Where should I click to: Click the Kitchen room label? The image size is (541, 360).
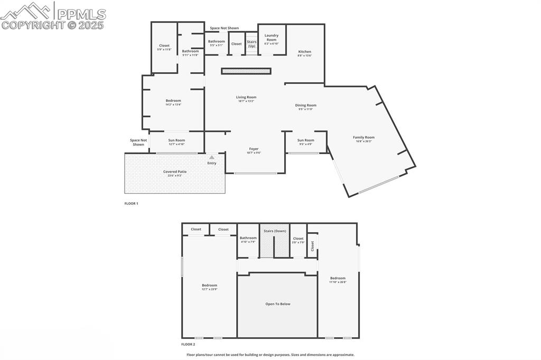coord(304,52)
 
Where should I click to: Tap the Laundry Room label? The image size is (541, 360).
coord(272,37)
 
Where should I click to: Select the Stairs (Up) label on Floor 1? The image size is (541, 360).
coord(251,44)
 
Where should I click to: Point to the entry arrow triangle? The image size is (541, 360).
coord(212,157)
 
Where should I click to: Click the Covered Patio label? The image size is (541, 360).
coord(175,172)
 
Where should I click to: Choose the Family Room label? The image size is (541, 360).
coord(363,138)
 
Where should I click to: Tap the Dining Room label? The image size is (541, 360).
coord(305,106)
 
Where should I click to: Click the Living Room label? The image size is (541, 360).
coord(246,97)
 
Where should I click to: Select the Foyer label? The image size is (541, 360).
coord(254,149)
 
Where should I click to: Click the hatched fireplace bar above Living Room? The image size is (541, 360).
coord(246,71)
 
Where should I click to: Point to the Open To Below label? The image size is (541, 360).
coord(277,304)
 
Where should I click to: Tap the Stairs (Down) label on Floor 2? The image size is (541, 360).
coord(275,231)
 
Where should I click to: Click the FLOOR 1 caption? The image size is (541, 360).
coord(131,203)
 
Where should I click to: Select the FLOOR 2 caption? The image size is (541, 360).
coord(188,344)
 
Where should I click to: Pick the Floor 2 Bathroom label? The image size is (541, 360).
coord(248,238)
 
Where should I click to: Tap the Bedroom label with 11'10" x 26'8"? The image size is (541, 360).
coord(338,278)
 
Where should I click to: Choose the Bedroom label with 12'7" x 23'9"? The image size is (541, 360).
coord(209,286)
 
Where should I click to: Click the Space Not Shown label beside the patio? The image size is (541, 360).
coord(138,143)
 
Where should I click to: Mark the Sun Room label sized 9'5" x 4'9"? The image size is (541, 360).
coord(305,140)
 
